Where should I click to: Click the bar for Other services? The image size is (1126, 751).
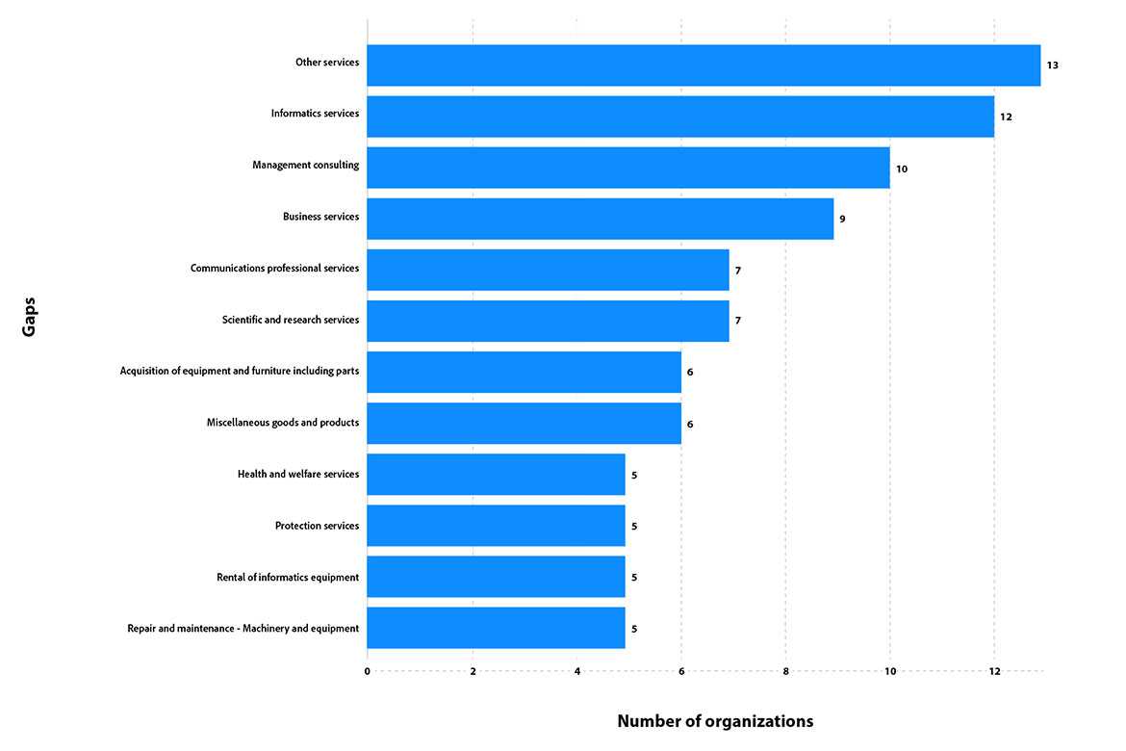[704, 65]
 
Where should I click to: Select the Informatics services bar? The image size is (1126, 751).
[680, 117]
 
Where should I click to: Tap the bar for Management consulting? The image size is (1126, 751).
[627, 168]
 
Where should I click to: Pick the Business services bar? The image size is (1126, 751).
[600, 219]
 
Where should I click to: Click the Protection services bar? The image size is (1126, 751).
[496, 526]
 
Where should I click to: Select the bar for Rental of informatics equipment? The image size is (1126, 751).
[496, 577]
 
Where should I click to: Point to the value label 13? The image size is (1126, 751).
[1053, 65]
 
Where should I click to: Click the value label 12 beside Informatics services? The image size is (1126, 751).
[1006, 117]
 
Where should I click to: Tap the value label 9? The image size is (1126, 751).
[842, 220]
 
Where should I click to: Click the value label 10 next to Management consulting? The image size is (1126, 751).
[902, 168]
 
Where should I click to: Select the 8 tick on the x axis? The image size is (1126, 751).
[785, 671]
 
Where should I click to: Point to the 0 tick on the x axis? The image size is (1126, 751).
[368, 671]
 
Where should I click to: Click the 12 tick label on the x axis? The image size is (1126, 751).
[994, 671]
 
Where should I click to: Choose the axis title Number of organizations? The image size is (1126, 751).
[715, 721]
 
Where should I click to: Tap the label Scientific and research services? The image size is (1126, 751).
[290, 320]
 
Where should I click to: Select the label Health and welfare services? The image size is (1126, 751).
[297, 474]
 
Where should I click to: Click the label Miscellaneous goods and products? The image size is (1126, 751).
[282, 423]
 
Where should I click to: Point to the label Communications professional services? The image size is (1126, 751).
[274, 268]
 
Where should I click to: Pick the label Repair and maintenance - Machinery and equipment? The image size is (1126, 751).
[243, 628]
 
